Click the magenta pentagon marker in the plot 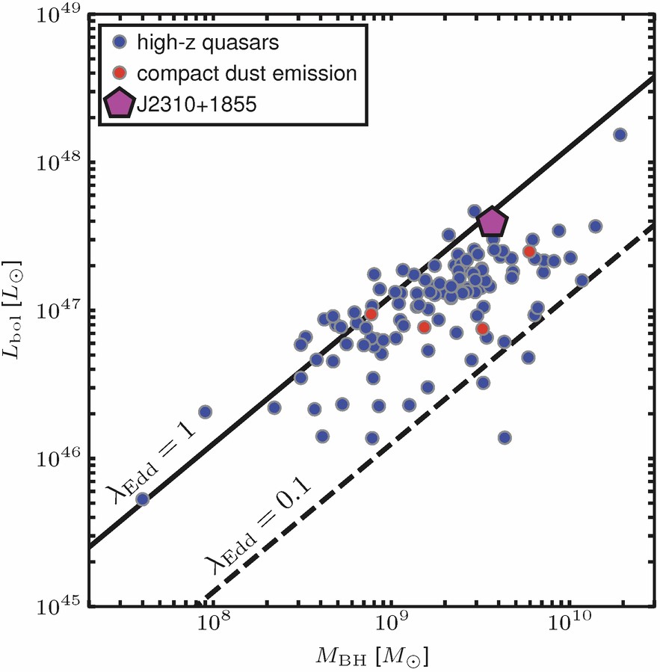pos(493,222)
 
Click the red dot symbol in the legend pos(120,73)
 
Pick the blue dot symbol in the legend pos(120,43)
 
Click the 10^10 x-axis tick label pos(569,626)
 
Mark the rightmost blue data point pos(620,135)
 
